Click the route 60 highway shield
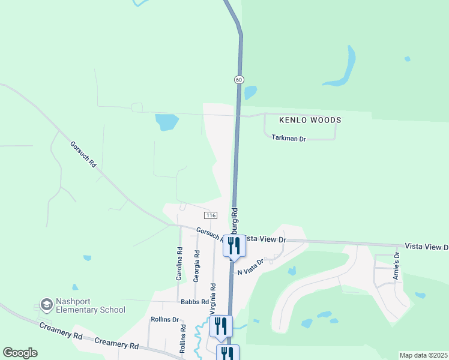239,80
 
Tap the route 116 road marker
210,215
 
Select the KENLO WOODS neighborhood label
310,120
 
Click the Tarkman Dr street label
289,139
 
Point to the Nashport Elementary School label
90,305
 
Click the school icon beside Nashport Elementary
46,305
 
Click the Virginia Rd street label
212,299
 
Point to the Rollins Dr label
165,319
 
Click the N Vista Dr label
251,267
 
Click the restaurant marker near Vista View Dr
234,245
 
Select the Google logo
20,353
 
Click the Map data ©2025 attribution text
423,355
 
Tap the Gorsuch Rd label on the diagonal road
83,154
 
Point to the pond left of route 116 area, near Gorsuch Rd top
166,122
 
